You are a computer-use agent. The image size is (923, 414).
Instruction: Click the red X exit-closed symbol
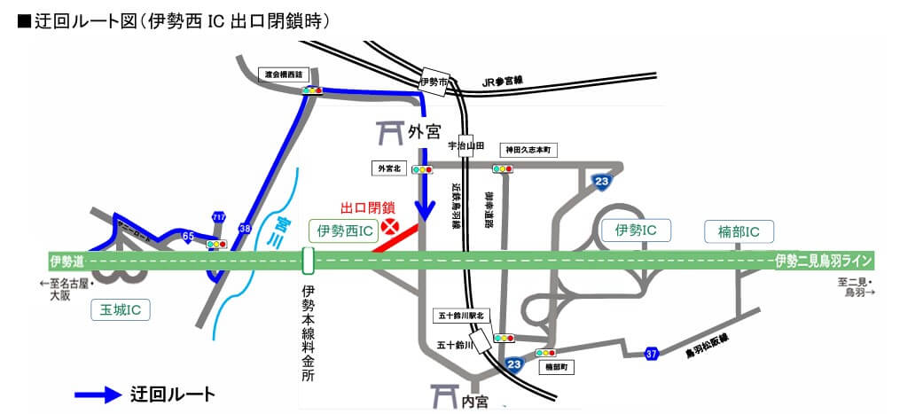389,227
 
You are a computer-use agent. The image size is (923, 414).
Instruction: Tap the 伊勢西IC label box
343,230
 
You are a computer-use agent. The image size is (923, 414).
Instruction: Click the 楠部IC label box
739,232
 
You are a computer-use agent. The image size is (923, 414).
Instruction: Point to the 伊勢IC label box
635,230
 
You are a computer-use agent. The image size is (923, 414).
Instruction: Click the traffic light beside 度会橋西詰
312,90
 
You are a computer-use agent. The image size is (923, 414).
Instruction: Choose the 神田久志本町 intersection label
529,150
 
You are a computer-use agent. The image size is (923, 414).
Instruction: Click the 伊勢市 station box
434,81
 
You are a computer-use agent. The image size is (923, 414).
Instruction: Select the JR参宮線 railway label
504,81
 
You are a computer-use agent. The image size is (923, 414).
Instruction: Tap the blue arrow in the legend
98,394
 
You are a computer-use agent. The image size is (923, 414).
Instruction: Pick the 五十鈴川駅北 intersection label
460,315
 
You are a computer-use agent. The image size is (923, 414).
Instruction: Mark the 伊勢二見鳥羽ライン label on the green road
824,261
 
